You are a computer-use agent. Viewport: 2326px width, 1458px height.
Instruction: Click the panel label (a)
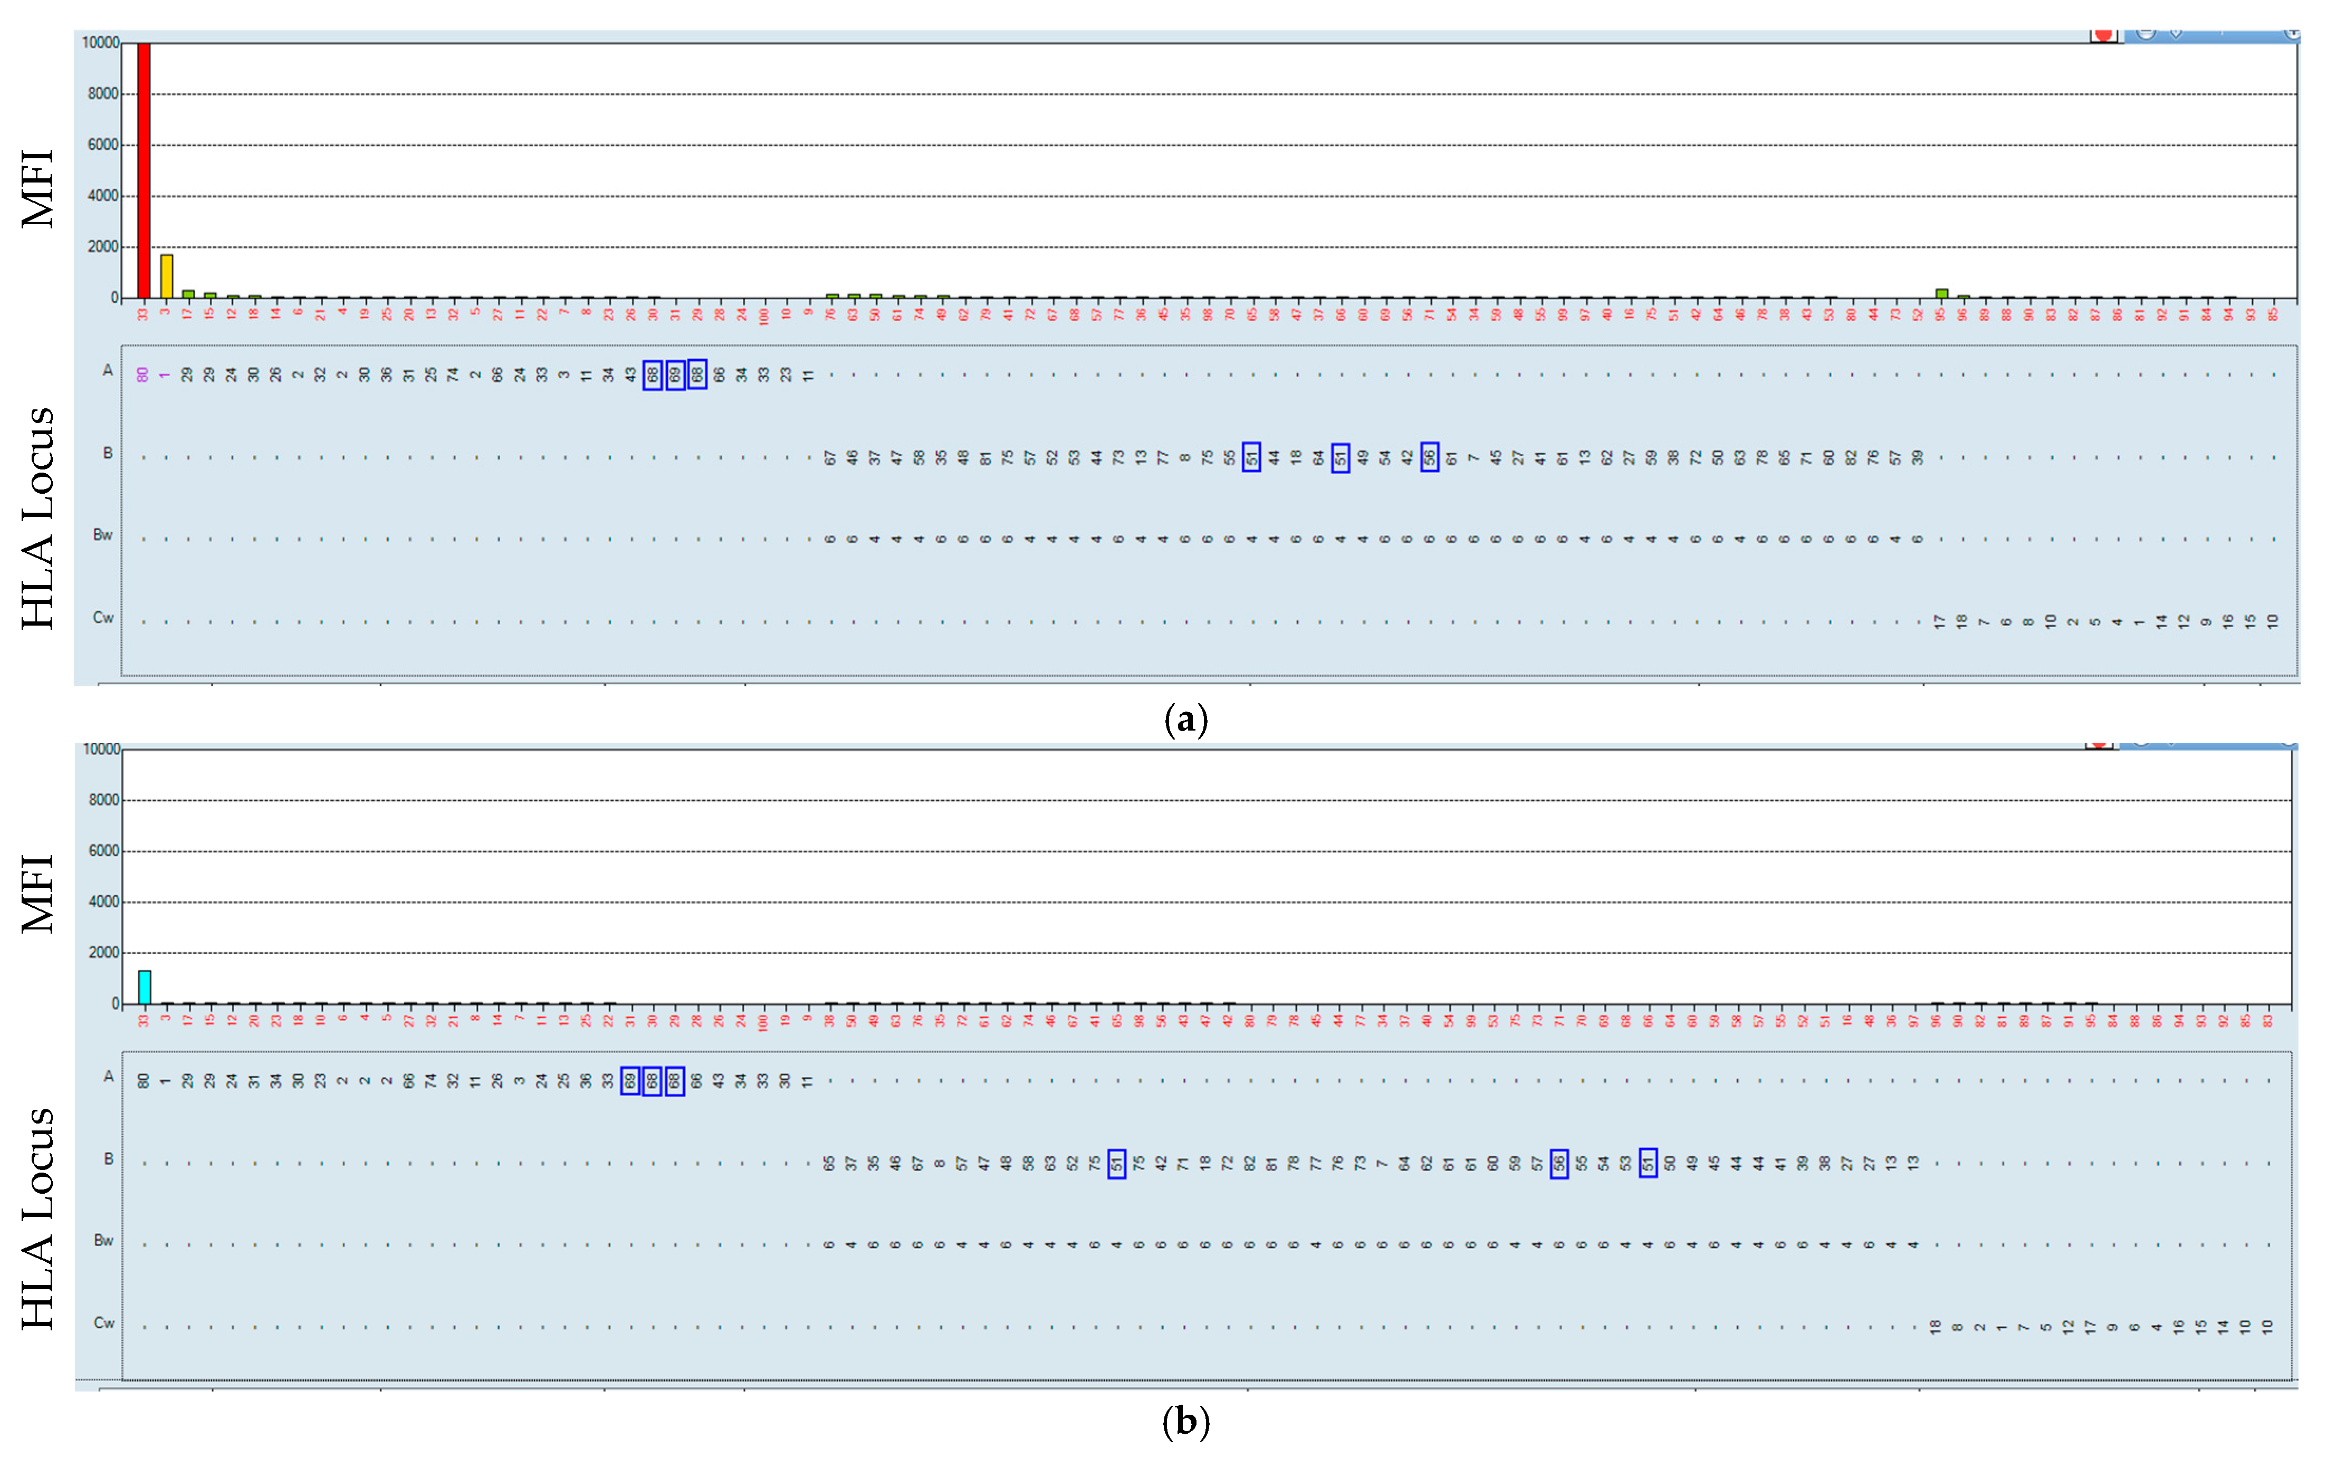(1185, 720)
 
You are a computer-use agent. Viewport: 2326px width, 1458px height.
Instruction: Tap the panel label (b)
(1185, 1422)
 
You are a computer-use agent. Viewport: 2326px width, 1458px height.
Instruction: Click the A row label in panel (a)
(108, 370)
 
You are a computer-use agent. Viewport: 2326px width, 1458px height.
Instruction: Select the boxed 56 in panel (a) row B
(1429, 456)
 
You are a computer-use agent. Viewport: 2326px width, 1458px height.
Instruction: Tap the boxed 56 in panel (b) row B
(1558, 1163)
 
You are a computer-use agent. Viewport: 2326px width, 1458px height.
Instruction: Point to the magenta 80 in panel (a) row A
(143, 374)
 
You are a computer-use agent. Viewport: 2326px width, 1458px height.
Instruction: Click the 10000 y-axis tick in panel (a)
(100, 42)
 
